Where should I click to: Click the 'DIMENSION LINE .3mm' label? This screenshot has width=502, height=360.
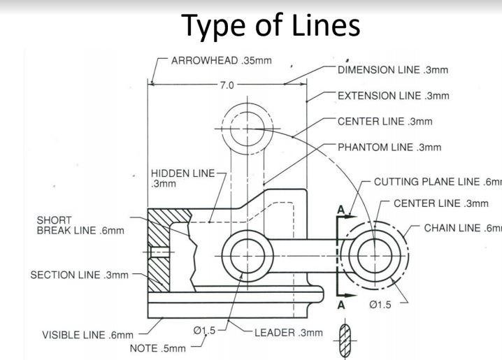(392, 69)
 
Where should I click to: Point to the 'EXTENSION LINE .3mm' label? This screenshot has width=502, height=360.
(393, 95)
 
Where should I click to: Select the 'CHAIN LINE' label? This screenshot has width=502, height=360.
(462, 227)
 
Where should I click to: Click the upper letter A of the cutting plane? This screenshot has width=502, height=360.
(341, 209)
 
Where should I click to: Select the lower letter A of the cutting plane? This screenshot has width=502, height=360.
(341, 305)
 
